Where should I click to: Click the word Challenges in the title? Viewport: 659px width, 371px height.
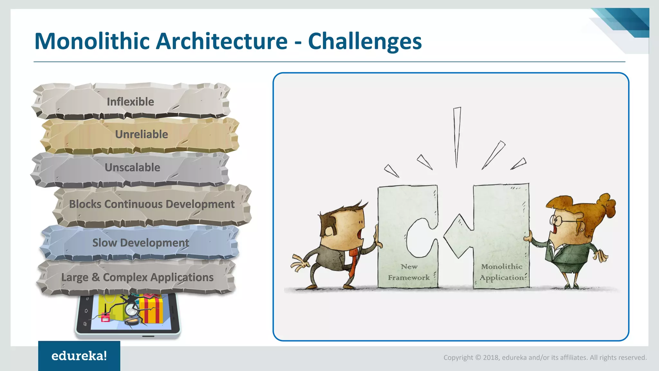[365, 41]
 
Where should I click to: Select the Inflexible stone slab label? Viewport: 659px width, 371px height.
[130, 102]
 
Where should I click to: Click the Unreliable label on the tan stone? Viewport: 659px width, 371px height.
[142, 134]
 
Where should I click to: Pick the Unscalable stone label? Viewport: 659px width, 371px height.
[132, 167]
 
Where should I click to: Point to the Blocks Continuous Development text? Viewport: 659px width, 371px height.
[152, 204]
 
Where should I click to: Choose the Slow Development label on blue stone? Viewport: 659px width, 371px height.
[141, 243]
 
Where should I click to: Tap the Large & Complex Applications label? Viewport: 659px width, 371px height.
[137, 277]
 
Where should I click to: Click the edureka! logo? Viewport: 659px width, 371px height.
[79, 356]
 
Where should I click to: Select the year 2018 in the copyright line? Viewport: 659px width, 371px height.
[491, 357]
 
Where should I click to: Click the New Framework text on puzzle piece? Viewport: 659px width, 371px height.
[409, 272]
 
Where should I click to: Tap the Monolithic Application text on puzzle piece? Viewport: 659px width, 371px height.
[501, 272]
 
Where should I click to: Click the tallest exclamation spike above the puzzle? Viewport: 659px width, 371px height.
[457, 135]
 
